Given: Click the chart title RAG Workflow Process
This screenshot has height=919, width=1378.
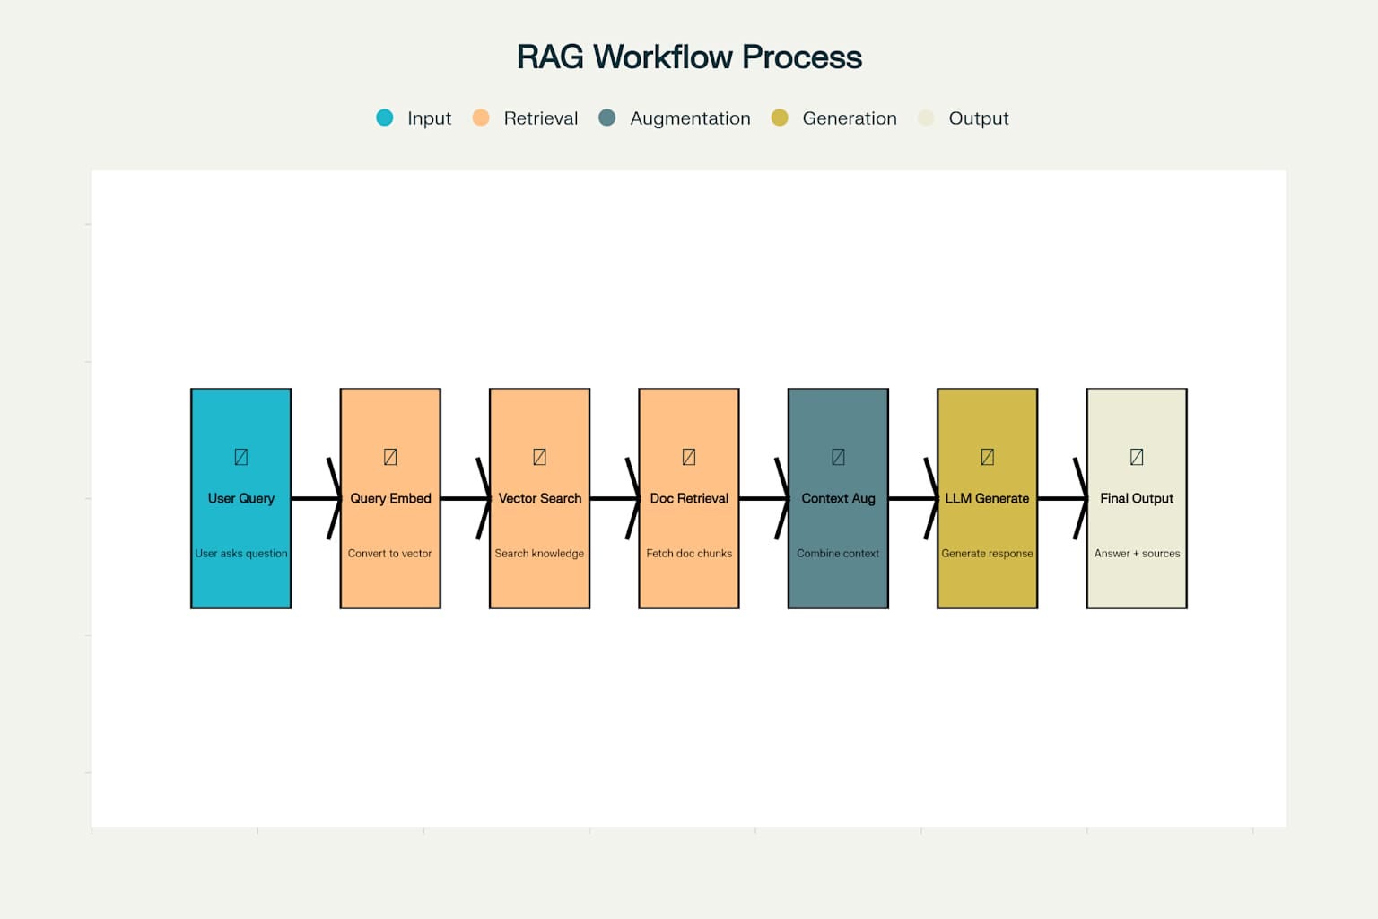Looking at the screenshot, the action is pyautogui.click(x=689, y=57).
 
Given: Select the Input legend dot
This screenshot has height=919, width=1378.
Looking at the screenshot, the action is pyautogui.click(x=385, y=118).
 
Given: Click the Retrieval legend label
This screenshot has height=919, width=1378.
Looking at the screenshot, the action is pyautogui.click(x=541, y=118).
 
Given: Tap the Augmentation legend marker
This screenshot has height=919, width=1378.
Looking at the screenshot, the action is pyautogui.click(x=607, y=118).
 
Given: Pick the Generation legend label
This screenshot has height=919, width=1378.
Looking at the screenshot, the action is pyautogui.click(x=850, y=118).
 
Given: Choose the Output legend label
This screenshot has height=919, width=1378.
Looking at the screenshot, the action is pyautogui.click(x=979, y=118).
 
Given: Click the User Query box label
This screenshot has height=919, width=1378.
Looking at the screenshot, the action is pyautogui.click(x=241, y=499).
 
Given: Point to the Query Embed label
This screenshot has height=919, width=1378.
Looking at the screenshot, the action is pyautogui.click(x=390, y=499).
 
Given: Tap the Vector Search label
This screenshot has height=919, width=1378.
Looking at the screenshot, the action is pyautogui.click(x=539, y=499).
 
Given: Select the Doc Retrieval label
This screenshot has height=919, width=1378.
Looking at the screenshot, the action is pyautogui.click(x=689, y=499).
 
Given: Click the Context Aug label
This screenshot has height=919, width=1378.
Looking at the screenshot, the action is pyautogui.click(x=838, y=499).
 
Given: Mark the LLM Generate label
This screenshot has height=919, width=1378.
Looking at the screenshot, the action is pyautogui.click(x=988, y=499).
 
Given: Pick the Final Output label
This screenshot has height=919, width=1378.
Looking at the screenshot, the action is pyautogui.click(x=1137, y=499).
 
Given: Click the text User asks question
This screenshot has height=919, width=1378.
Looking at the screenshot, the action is pyautogui.click(x=241, y=554).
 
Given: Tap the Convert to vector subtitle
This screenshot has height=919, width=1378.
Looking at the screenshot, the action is pyautogui.click(x=390, y=554).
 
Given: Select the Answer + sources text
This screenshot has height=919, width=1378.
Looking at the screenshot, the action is pyautogui.click(x=1137, y=554).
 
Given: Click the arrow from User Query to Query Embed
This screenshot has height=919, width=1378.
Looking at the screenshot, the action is pyautogui.click(x=316, y=499).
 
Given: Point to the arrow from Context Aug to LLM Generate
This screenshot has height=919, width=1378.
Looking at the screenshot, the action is pyautogui.click(x=913, y=499).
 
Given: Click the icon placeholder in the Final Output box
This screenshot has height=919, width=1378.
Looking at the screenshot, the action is pyautogui.click(x=1137, y=457).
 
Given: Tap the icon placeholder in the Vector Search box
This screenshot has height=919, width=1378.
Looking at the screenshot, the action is pyautogui.click(x=539, y=457).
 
